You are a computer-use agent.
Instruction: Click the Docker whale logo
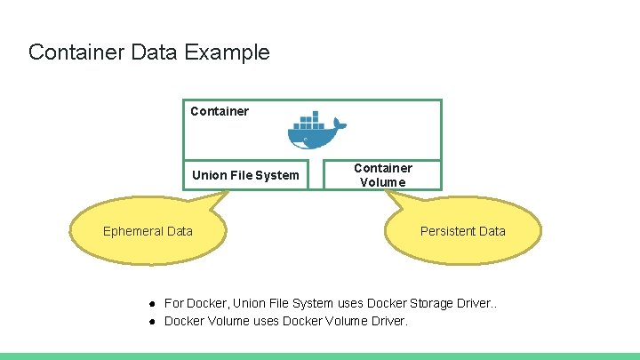pos(314,132)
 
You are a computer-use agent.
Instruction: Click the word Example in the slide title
pos(228,52)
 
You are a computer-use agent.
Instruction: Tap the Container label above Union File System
pos(220,111)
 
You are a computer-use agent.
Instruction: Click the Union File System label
pos(245,175)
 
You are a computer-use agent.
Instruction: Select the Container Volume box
pos(383,174)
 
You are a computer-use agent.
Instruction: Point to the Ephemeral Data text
pos(148,231)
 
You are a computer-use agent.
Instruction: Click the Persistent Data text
pos(462,231)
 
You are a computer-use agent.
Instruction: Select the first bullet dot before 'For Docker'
pos(153,303)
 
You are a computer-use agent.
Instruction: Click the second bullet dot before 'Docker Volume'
pos(153,321)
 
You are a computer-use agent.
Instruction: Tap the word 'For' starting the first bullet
pos(174,303)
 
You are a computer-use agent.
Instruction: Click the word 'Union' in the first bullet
pos(251,303)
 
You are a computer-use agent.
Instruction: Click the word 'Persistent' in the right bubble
pos(447,231)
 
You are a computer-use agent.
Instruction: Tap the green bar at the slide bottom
pos(320,356)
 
